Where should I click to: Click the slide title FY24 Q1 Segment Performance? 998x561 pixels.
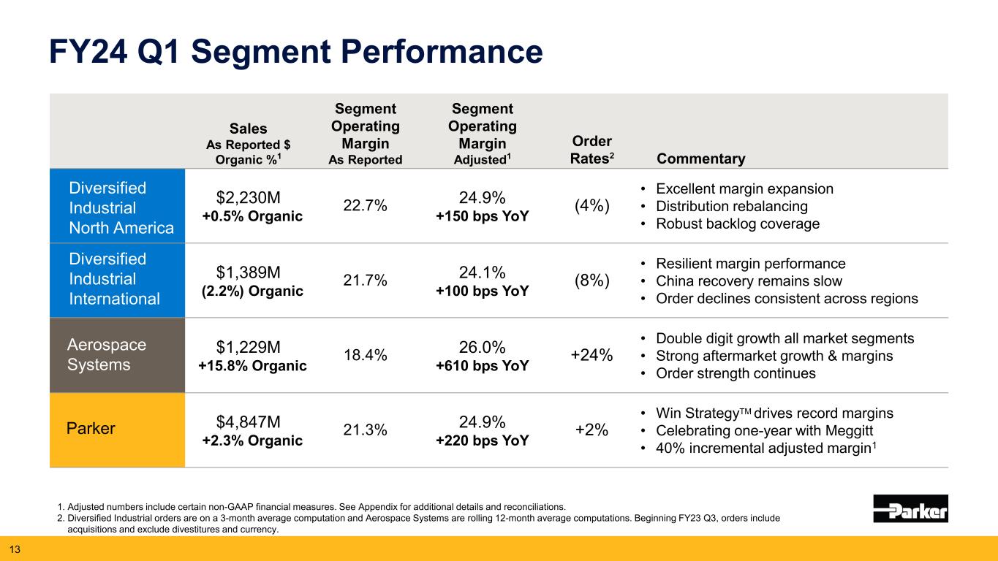coord(295,53)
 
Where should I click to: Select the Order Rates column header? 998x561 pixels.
coord(592,150)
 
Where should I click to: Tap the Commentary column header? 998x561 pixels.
coord(701,159)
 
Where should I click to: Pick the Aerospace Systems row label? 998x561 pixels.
coord(106,354)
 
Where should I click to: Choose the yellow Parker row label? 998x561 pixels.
coord(91,429)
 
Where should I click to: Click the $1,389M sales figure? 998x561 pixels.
coord(249,272)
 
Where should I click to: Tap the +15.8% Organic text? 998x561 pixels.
coord(252,366)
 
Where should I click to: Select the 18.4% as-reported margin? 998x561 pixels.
coord(365,355)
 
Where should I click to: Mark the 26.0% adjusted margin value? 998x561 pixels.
coord(483,346)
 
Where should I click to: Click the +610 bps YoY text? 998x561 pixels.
coord(483,366)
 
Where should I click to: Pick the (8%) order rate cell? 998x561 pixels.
coord(591,281)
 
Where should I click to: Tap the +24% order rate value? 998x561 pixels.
coord(591,355)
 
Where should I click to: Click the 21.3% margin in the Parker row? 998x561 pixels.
coord(365,430)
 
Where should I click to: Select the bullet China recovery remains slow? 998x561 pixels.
coord(749,281)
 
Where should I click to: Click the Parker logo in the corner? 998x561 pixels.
coord(910,508)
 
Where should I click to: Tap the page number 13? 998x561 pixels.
coord(13,549)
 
